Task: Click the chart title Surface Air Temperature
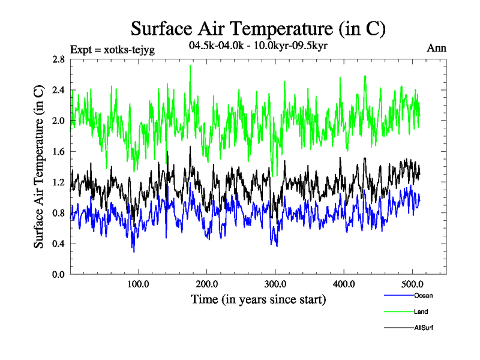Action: (257, 28)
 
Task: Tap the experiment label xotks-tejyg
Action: (113, 50)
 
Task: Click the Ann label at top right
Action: (437, 49)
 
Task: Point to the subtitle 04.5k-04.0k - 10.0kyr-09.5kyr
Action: (257, 46)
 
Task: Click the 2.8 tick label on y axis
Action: (58, 59)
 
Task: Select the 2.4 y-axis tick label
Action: (58, 90)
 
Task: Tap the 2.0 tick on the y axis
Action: (58, 121)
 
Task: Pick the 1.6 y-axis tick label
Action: (58, 151)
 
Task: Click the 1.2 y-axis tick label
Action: (58, 182)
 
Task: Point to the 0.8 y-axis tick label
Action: (58, 212)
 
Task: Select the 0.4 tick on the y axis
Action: (58, 243)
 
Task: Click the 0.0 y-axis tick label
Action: (58, 274)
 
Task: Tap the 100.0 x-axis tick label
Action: (138, 284)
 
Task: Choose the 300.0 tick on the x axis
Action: (275, 284)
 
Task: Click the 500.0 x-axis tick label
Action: (412, 284)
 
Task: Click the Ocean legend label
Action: (423, 295)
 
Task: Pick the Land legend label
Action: (421, 312)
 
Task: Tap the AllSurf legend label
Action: (424, 328)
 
